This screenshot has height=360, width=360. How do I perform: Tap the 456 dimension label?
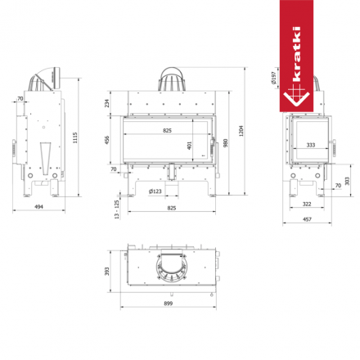(x=106, y=140)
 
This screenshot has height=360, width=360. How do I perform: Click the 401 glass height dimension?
(x=190, y=145)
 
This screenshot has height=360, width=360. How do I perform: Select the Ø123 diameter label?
(x=154, y=191)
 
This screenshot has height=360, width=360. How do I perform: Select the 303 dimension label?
(x=347, y=181)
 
